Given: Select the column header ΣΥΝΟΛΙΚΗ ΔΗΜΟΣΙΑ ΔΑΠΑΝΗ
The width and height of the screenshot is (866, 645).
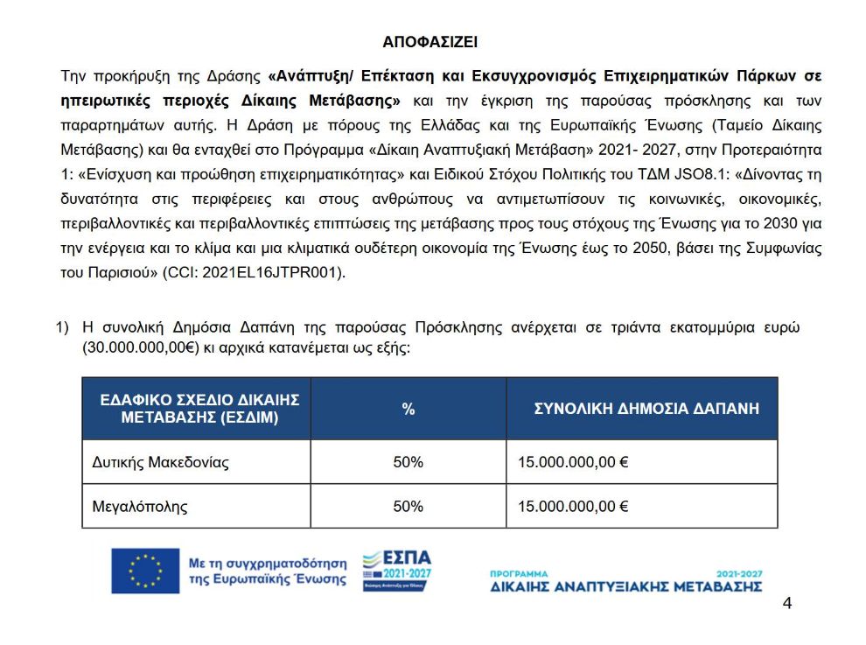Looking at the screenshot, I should tap(646, 409).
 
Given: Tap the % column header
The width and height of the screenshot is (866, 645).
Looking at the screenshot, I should tap(409, 409).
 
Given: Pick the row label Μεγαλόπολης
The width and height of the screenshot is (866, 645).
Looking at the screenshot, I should tap(140, 506).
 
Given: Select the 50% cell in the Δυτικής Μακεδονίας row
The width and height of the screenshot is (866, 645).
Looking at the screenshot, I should tap(409, 461).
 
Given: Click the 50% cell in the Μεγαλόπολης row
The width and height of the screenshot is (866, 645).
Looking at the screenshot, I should tap(409, 506).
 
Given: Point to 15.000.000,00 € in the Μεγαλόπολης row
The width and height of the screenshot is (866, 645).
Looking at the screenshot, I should tap(573, 506).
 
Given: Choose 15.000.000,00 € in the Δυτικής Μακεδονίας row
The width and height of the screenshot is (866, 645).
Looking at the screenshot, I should tap(573, 461).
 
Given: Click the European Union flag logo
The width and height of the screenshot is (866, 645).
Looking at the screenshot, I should tap(145, 571).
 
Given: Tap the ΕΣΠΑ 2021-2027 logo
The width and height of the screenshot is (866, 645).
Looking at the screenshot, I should tap(397, 570).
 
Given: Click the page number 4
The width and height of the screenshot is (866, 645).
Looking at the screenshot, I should tap(787, 604).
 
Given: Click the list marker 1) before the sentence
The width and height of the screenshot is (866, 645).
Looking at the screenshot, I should tap(62, 328).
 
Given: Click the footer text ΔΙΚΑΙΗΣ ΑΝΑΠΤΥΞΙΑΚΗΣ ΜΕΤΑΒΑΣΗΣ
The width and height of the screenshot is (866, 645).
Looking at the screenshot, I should tap(626, 585).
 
